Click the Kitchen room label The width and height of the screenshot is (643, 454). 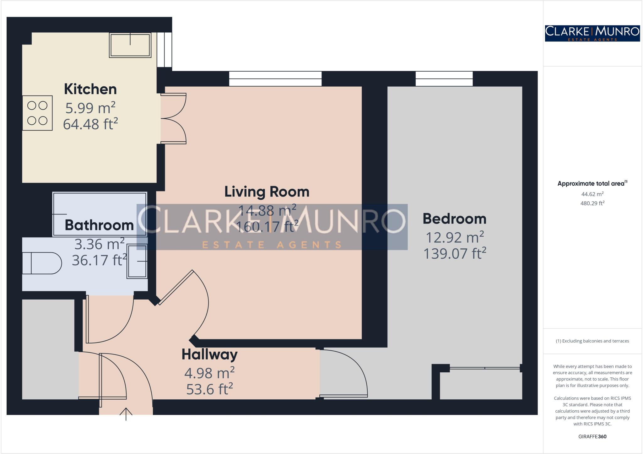(90, 89)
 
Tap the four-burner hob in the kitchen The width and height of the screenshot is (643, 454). (37, 113)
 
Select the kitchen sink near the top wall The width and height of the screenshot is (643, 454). (130, 45)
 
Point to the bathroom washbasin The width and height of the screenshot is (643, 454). (137, 261)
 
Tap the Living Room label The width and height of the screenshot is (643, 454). (267, 192)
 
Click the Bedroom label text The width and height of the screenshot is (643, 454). (454, 219)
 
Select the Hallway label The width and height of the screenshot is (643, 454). (209, 354)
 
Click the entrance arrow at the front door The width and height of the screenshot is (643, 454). (126, 414)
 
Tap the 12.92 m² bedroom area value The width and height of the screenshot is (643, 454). (454, 237)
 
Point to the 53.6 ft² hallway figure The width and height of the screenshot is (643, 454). (209, 389)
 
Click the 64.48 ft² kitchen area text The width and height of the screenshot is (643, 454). (90, 124)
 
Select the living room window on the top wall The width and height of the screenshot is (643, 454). (275, 78)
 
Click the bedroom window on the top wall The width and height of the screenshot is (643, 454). (444, 78)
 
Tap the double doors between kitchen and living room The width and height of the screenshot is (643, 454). (174, 119)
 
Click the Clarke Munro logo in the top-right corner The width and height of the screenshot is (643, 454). (592, 33)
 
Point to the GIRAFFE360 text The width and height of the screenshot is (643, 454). (592, 436)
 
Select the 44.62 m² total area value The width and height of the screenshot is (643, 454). (592, 194)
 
